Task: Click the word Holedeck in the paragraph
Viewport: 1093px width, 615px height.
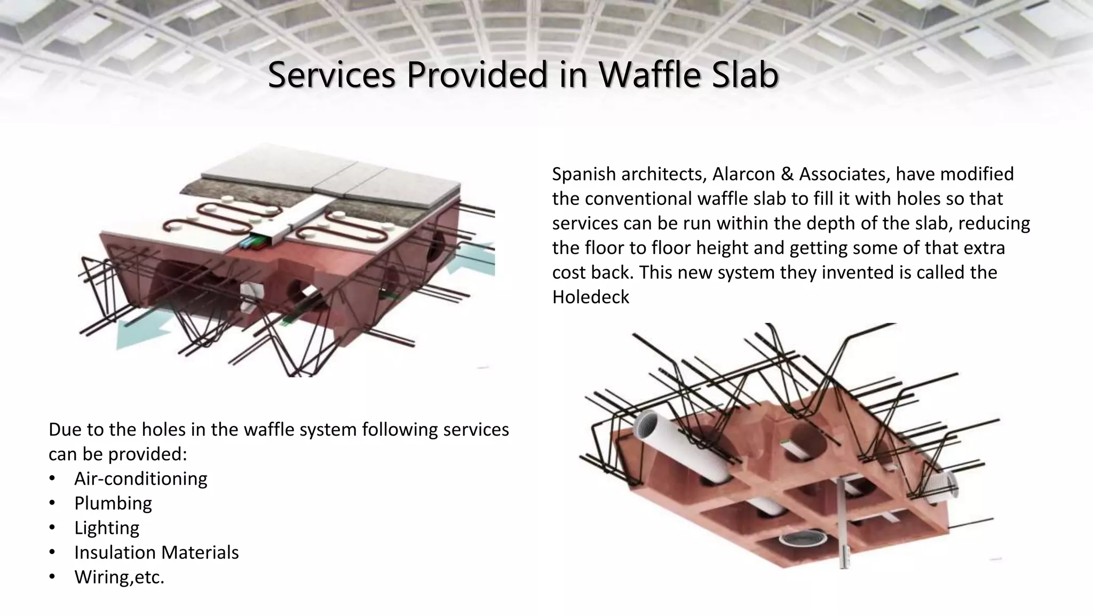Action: pos(591,297)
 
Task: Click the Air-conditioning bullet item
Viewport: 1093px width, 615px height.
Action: pos(140,478)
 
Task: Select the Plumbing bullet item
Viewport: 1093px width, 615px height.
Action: pos(113,503)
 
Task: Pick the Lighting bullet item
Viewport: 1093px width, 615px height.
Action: pos(107,527)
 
